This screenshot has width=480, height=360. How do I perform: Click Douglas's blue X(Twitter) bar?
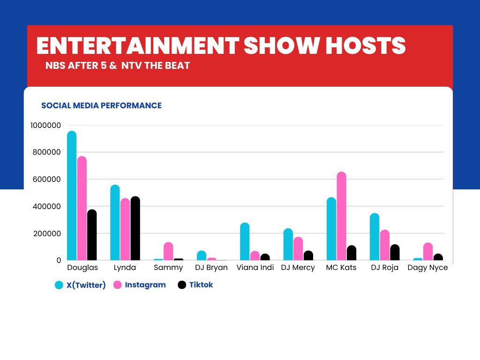coord(72,195)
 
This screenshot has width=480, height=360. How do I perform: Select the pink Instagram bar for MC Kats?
coord(341,216)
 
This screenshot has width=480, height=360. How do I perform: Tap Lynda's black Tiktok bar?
coord(135,228)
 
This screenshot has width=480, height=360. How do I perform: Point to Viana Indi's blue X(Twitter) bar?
coord(245,241)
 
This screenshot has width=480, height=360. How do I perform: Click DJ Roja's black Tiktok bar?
coord(395,252)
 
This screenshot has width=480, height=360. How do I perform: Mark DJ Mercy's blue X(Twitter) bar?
coord(288,244)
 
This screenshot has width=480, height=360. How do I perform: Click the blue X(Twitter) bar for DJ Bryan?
coord(202,255)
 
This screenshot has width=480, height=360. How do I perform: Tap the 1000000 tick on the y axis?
coord(45,125)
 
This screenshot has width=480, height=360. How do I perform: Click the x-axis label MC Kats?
coord(341,268)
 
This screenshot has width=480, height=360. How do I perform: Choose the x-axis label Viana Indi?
coord(255,268)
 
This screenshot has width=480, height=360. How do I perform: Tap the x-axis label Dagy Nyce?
coord(427,268)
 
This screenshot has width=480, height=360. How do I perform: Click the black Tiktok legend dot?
coord(182,285)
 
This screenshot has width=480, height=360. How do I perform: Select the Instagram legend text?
coord(145,285)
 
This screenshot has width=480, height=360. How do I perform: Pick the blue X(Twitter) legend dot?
coord(59,285)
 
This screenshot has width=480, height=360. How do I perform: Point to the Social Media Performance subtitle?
coord(101,105)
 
